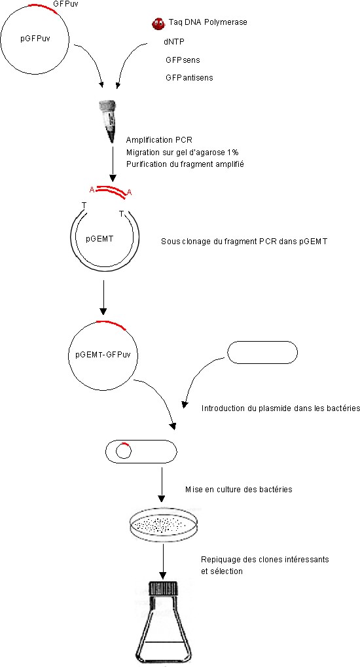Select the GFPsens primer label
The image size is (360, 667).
tap(183, 60)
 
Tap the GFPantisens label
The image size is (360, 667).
tap(189, 77)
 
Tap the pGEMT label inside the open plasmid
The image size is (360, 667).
tap(99, 239)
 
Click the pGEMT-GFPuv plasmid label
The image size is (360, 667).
tap(103, 354)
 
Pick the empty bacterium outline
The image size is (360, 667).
tap(262, 352)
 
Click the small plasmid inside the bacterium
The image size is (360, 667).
tap(124, 450)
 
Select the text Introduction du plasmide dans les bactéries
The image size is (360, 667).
tap(280, 408)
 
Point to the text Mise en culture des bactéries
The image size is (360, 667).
tap(239, 489)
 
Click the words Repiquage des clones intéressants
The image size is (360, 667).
tap(264, 560)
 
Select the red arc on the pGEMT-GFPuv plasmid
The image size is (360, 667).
tap(112, 324)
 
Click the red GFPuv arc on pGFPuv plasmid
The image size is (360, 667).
tap(43, 7)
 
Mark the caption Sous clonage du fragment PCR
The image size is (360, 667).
tap(218, 241)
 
